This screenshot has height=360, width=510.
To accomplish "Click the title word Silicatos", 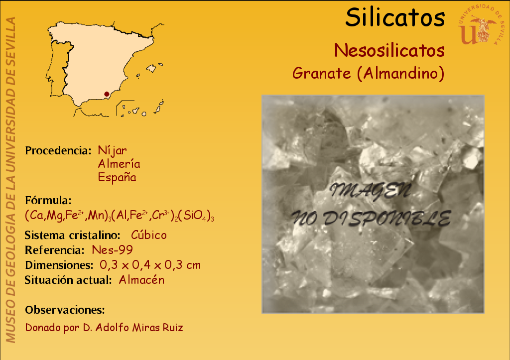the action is click(395, 17).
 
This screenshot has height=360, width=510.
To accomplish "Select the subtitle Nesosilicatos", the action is click(389, 50).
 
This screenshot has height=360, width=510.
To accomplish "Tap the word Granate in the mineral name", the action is click(321, 73).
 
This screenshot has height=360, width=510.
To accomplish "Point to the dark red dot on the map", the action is click(107, 94).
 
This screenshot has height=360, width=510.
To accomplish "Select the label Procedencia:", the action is click(58, 150).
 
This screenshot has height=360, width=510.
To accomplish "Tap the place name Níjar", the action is click(112, 150).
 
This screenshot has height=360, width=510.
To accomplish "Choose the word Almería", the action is click(119, 164).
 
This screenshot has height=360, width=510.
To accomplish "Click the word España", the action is click(117, 177).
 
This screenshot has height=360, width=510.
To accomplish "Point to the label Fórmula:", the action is click(48, 200).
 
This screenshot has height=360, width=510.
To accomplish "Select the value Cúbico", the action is click(148, 235).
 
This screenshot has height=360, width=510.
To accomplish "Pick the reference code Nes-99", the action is click(112, 250).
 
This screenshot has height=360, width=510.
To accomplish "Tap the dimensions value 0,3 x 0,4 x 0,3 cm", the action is click(150, 265).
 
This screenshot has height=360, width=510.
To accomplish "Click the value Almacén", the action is click(141, 280).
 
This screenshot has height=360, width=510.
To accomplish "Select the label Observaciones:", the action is click(65, 310).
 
